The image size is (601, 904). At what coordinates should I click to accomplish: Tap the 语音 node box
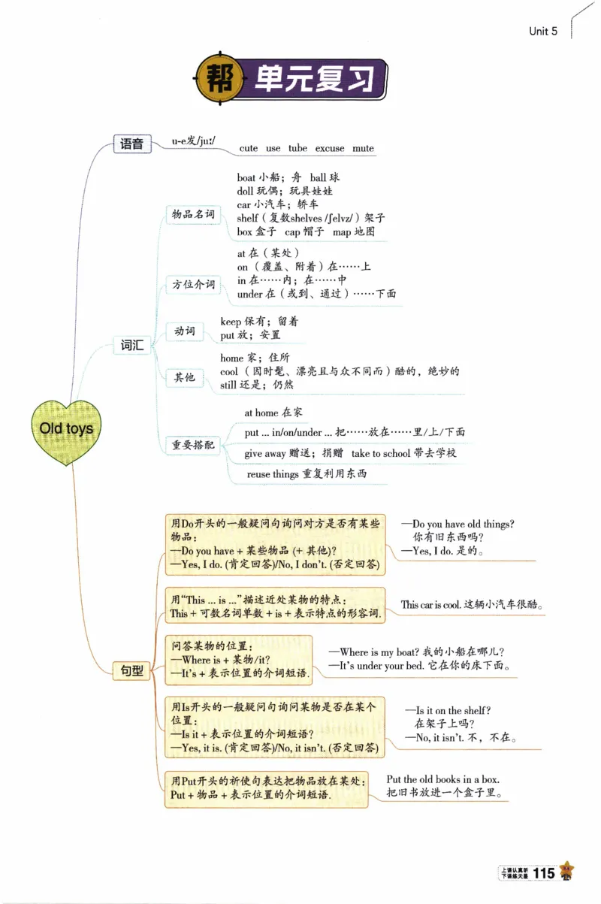tap(132, 144)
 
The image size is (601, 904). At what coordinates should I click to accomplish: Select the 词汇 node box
tap(132, 345)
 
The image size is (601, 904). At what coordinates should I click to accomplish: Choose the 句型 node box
tap(132, 670)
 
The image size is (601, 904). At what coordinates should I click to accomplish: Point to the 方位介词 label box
tap(193, 285)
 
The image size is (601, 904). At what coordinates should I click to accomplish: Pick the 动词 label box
tap(185, 331)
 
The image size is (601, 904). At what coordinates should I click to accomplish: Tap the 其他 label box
tap(185, 377)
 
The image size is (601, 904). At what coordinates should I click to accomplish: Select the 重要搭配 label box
tap(193, 445)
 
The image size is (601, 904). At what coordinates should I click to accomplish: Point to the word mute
tap(363, 149)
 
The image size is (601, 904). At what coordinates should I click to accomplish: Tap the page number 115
tap(543, 872)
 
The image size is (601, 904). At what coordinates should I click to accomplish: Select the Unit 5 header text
tap(543, 31)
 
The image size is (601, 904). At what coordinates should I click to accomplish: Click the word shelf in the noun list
tap(247, 218)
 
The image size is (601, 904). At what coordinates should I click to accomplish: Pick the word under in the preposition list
tap(250, 295)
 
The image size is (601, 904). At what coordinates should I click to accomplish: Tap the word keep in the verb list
tap(231, 322)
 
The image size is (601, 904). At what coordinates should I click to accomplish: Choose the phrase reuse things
tap(273, 474)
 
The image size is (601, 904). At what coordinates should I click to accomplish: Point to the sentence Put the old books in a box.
tap(442, 779)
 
